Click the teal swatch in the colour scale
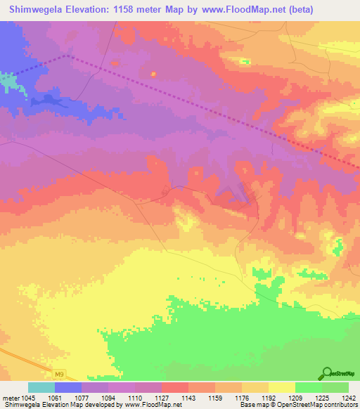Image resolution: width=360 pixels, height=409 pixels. pos(41,387)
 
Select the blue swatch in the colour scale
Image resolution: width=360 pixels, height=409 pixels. pos(68,387)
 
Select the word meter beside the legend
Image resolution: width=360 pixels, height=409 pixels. pos(11,398)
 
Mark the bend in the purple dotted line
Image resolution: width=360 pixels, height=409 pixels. pos(68,55)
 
